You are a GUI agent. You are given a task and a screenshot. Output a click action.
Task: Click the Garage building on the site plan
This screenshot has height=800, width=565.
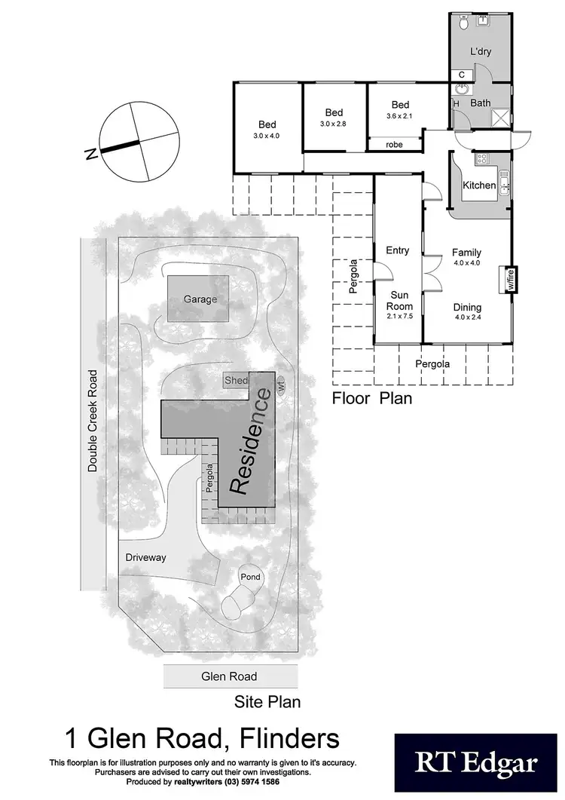click(x=199, y=299)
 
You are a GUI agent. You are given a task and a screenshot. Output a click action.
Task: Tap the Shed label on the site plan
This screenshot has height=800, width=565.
click(x=236, y=381)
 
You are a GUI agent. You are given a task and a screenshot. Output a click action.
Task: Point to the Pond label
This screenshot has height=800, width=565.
click(x=250, y=577)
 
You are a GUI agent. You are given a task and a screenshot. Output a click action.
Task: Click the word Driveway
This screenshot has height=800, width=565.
click(x=145, y=557)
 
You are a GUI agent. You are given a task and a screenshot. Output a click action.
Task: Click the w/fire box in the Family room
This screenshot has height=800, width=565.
click(x=510, y=280)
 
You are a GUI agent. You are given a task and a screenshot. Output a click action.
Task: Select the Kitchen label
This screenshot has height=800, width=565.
click(x=479, y=185)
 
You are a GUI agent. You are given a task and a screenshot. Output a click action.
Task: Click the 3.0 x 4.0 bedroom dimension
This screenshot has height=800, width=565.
click(x=267, y=136)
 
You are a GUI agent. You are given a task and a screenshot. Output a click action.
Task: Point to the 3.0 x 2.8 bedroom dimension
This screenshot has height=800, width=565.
click(x=334, y=124)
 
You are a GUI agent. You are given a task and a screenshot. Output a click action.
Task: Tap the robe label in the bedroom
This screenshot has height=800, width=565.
click(x=393, y=144)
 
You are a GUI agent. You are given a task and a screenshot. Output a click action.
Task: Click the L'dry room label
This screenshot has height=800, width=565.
click(x=481, y=53)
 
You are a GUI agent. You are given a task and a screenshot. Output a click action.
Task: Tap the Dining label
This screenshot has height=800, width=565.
click(x=467, y=308)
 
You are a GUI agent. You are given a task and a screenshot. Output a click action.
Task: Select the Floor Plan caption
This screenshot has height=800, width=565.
click(x=372, y=398)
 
